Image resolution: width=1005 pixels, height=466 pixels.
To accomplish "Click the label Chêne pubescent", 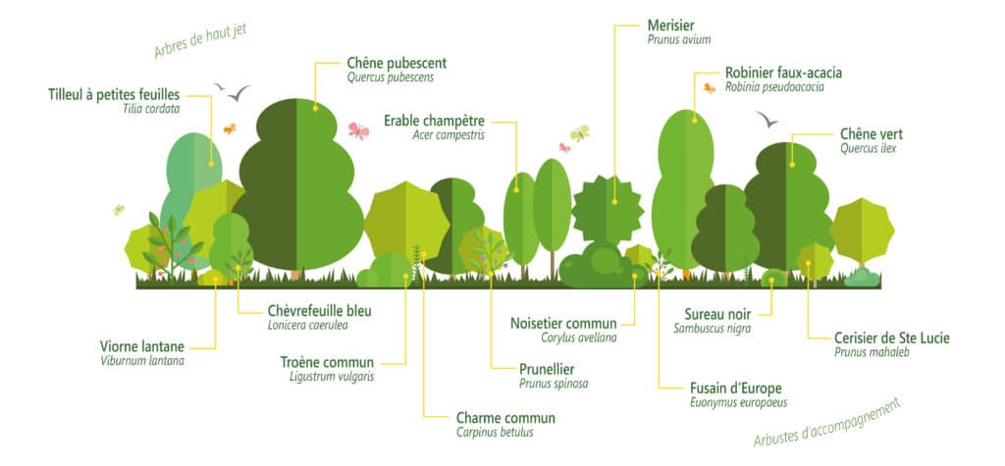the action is [x=397, y=64].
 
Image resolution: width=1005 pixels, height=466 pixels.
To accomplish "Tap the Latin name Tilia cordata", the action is [x=151, y=109].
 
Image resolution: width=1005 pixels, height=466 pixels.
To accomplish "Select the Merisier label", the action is [x=671, y=26].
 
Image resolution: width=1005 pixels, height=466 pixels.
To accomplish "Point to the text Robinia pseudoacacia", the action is [x=774, y=87].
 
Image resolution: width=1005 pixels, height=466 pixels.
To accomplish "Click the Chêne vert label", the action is [x=872, y=134].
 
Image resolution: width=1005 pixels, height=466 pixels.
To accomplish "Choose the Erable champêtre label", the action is [x=434, y=121].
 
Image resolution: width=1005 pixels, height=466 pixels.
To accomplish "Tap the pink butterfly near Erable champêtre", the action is [x=359, y=130].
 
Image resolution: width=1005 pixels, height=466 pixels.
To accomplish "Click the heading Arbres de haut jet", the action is [x=200, y=41].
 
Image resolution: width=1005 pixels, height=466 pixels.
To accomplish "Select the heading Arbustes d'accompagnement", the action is [x=827, y=423].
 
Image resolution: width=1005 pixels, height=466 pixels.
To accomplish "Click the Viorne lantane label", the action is [x=142, y=346].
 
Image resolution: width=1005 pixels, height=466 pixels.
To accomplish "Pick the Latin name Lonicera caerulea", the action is [x=307, y=325].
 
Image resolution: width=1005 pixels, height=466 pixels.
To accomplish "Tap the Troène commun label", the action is [x=327, y=362].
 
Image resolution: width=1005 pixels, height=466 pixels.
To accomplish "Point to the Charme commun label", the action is [x=505, y=419].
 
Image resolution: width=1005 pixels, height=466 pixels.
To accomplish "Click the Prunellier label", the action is [x=547, y=369].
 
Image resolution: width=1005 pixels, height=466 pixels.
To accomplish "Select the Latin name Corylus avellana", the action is [x=579, y=337].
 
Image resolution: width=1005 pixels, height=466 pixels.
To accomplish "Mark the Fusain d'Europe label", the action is [x=736, y=388].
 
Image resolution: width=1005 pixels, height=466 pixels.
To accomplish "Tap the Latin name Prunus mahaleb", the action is [x=873, y=352].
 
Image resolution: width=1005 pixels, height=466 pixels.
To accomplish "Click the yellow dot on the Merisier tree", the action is [x=614, y=201].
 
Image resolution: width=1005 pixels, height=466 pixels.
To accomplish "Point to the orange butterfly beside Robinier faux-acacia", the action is [x=709, y=88].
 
